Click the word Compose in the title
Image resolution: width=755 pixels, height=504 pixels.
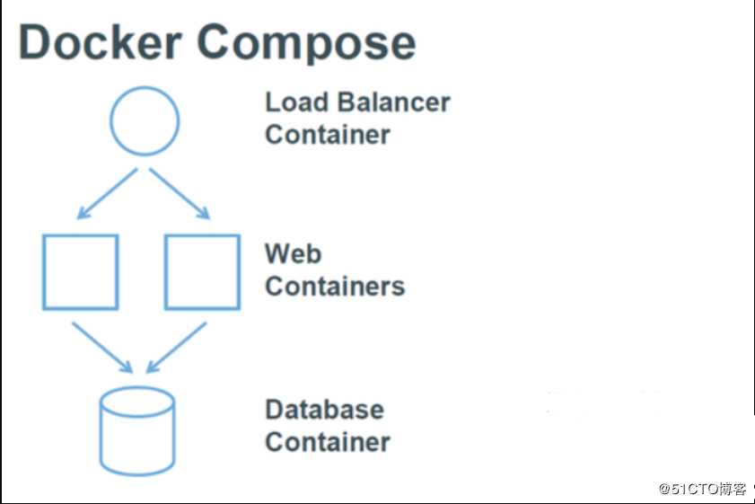(x=306, y=42)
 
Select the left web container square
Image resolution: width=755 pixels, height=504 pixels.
(x=81, y=271)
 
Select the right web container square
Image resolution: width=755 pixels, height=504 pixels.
(x=202, y=271)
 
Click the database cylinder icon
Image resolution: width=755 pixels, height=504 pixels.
(x=136, y=431)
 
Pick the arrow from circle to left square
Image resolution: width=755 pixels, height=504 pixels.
(x=107, y=193)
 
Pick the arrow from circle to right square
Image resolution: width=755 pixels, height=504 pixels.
(x=180, y=193)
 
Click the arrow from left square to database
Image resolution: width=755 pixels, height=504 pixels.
(x=101, y=346)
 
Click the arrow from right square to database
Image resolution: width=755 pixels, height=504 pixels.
(x=177, y=346)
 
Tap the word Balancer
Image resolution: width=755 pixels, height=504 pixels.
(x=396, y=102)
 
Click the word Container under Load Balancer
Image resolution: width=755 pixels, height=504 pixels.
(x=328, y=135)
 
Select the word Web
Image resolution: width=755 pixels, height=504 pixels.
(x=293, y=254)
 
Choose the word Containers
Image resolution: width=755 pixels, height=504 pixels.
(x=335, y=287)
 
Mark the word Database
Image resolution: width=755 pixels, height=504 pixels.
(x=324, y=410)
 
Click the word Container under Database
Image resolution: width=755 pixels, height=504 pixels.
(x=328, y=442)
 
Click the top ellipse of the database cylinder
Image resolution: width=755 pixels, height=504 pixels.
(x=136, y=402)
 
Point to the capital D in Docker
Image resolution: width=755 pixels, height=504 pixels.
(x=36, y=42)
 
